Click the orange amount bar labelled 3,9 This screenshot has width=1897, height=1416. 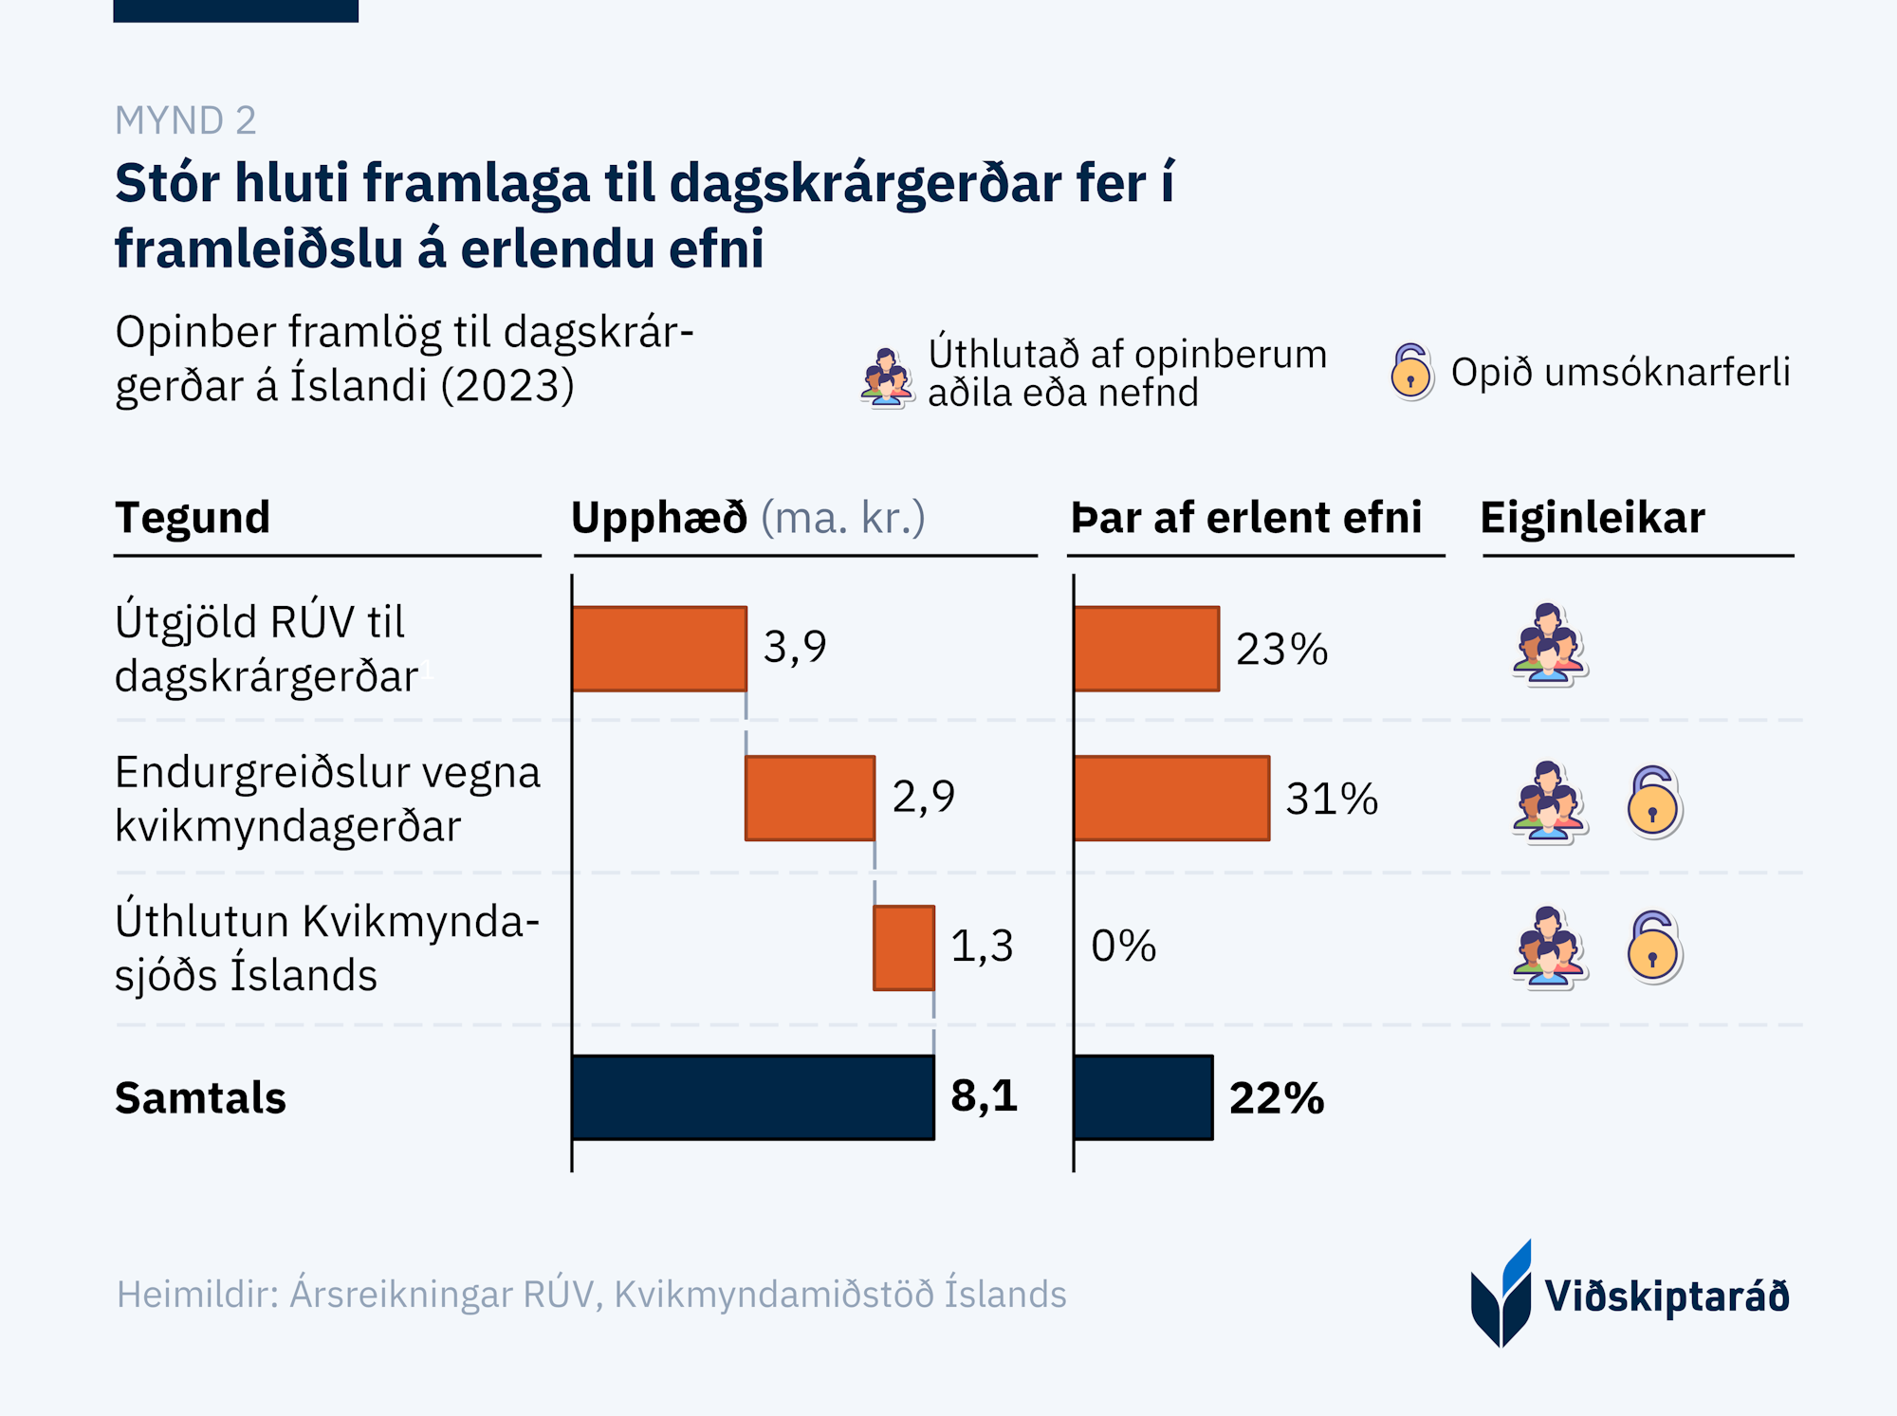(659, 649)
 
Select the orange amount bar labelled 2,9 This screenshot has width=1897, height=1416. (810, 798)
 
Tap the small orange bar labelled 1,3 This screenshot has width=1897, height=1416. (904, 947)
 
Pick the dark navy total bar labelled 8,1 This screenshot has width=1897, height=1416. (753, 1097)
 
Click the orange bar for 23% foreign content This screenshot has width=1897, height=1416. (1147, 649)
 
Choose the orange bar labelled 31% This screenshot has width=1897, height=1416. (1172, 798)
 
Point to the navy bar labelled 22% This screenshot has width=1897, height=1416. (1144, 1097)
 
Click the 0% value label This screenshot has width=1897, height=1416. (1124, 947)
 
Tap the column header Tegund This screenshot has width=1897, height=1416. (193, 518)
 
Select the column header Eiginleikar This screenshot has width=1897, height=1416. (1593, 518)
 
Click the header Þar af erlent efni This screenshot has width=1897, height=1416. (1246, 518)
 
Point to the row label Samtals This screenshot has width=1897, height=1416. (200, 1098)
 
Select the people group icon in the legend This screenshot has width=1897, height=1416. (887, 377)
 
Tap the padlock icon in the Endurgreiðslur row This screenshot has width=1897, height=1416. (1653, 801)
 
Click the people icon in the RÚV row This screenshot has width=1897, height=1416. (1548, 644)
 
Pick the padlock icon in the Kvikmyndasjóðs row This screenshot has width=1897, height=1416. (1653, 947)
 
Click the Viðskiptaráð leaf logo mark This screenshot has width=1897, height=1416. (1501, 1296)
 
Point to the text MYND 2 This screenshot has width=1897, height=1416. (186, 120)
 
